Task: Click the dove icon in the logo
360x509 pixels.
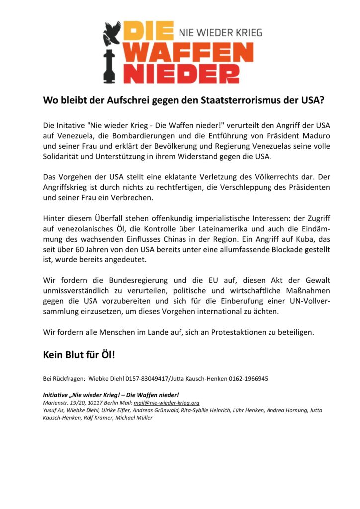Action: click(x=111, y=31)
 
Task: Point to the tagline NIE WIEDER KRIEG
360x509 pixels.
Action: click(x=219, y=33)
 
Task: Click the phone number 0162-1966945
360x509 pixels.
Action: click(x=248, y=379)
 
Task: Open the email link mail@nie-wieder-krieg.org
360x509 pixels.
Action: click(x=167, y=402)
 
